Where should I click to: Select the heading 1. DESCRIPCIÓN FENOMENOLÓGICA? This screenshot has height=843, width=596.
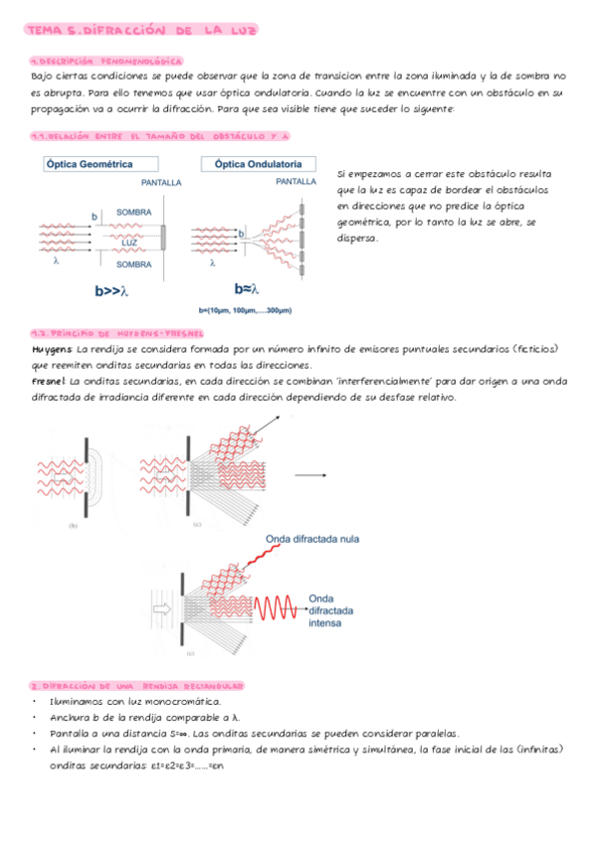tap(105, 61)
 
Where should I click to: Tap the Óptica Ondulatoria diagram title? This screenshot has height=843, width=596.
tap(259, 164)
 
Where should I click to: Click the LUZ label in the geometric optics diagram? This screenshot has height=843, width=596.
tap(129, 242)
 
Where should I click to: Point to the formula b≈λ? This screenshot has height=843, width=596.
tap(247, 289)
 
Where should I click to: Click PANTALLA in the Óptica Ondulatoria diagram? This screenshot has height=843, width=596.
tap(297, 183)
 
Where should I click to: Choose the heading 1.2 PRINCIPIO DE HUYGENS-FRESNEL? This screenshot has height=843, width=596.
tap(117, 334)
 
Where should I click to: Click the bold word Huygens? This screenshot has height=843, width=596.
tap(52, 350)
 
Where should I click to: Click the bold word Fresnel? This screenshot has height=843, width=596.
tap(49, 382)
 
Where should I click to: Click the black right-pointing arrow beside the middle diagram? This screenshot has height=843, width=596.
tap(316, 475)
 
